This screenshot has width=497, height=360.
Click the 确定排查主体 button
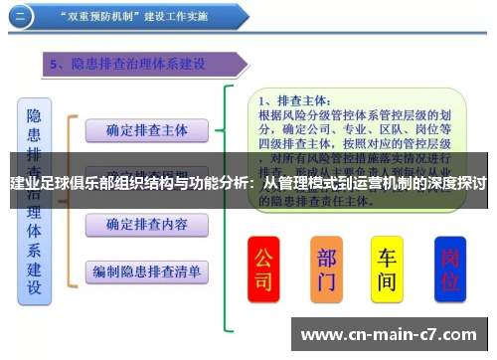pos(147,129)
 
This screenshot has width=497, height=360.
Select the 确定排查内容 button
pos(147,224)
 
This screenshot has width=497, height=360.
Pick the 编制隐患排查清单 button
pos(147,270)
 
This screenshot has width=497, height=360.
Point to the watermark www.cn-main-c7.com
pos(388,334)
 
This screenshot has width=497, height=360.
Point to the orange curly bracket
pos(70,199)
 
